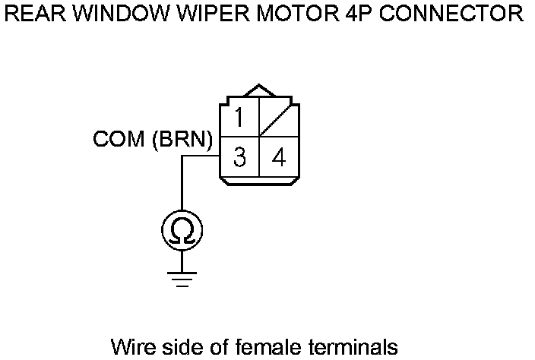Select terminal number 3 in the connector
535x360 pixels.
click(239, 158)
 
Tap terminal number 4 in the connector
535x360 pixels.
click(279, 158)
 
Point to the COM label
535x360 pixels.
click(119, 141)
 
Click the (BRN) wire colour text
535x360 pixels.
click(183, 141)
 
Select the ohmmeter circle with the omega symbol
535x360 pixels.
click(182, 229)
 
